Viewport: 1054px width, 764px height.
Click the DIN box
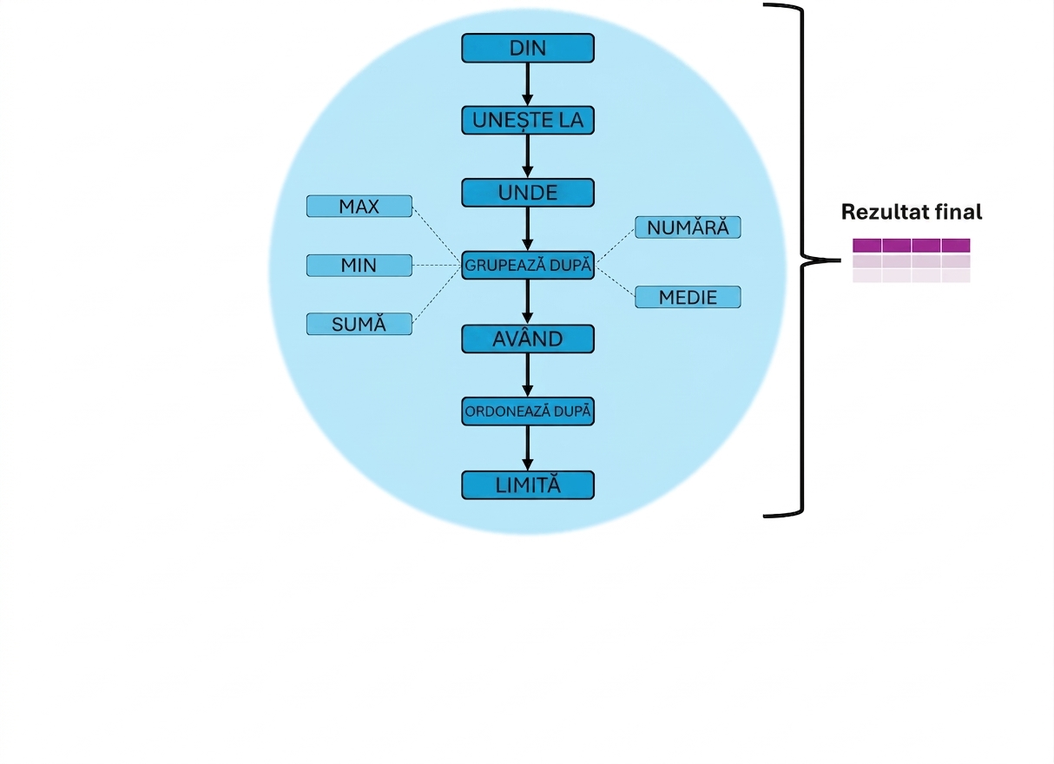tap(528, 48)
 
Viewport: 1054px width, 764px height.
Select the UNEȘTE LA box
tap(528, 121)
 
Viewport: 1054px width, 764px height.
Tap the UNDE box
tap(528, 193)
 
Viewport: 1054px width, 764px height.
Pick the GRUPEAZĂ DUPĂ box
tap(528, 266)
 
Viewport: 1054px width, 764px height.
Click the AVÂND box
tap(528, 339)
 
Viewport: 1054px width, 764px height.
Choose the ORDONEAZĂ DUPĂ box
tap(528, 412)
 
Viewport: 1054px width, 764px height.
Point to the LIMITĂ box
tap(528, 485)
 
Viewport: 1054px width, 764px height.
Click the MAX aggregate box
tap(359, 206)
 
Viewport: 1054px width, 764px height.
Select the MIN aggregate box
tap(359, 266)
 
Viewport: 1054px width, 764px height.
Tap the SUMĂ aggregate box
tap(359, 324)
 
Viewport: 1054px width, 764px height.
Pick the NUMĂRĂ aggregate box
tap(688, 227)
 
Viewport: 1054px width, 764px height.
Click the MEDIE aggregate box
tap(688, 297)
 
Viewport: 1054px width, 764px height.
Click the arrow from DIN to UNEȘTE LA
tap(528, 84)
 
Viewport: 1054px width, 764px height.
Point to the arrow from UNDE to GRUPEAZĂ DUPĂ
tap(528, 229)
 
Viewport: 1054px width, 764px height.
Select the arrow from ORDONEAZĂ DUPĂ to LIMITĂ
tap(528, 448)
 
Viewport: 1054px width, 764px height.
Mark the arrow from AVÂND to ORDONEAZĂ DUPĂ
tap(528, 375)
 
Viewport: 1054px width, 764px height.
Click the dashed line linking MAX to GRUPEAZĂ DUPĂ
tap(437, 234)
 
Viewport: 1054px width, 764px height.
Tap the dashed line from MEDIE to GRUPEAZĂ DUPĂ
tap(615, 280)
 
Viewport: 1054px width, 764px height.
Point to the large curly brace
tap(803, 260)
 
